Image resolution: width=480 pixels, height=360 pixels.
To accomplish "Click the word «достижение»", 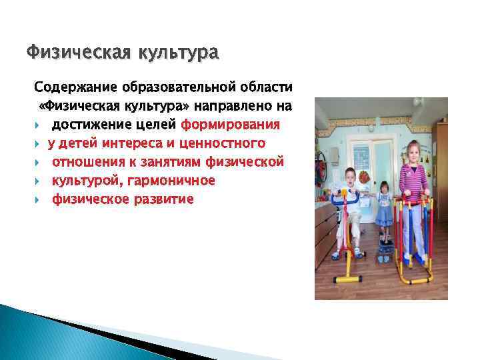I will pyautogui.click(x=89, y=125).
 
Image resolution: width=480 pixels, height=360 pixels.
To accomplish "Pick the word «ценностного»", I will pyautogui.click(x=229, y=143).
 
